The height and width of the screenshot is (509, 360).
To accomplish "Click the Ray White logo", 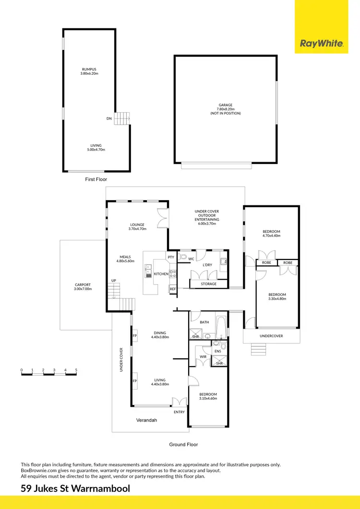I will [321, 44].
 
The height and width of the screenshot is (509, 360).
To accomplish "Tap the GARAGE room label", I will [225, 105].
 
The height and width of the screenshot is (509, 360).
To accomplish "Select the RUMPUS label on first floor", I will [89, 69].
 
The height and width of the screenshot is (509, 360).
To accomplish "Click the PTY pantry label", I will [171, 257].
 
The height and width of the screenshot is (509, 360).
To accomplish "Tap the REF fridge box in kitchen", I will [172, 289].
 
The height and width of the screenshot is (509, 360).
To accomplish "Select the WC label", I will [191, 259].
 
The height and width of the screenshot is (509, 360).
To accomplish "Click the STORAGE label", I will [208, 284].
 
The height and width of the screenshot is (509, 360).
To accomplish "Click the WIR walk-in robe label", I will [203, 356].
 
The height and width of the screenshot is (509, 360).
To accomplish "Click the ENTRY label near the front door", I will [179, 412].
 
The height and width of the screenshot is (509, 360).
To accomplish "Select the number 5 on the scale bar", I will [76, 370].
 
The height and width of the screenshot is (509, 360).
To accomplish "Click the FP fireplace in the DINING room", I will [135, 336].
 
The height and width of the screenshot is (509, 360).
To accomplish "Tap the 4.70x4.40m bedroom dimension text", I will [271, 236].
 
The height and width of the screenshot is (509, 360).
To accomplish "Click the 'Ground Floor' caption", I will [183, 445].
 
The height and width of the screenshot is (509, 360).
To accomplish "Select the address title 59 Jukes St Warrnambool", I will [75, 489].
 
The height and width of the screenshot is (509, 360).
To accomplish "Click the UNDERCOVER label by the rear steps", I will [271, 336].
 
